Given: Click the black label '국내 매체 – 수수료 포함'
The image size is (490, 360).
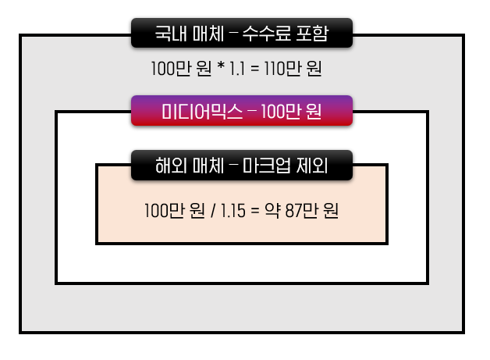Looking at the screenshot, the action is [x=242, y=34].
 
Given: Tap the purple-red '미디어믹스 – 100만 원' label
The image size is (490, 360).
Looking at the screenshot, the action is [x=242, y=111].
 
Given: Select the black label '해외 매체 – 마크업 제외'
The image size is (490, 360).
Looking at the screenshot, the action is [x=242, y=166].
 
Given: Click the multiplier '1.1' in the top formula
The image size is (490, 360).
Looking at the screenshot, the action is [x=237, y=69].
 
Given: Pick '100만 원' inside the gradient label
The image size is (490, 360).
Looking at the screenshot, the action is [x=291, y=111].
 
